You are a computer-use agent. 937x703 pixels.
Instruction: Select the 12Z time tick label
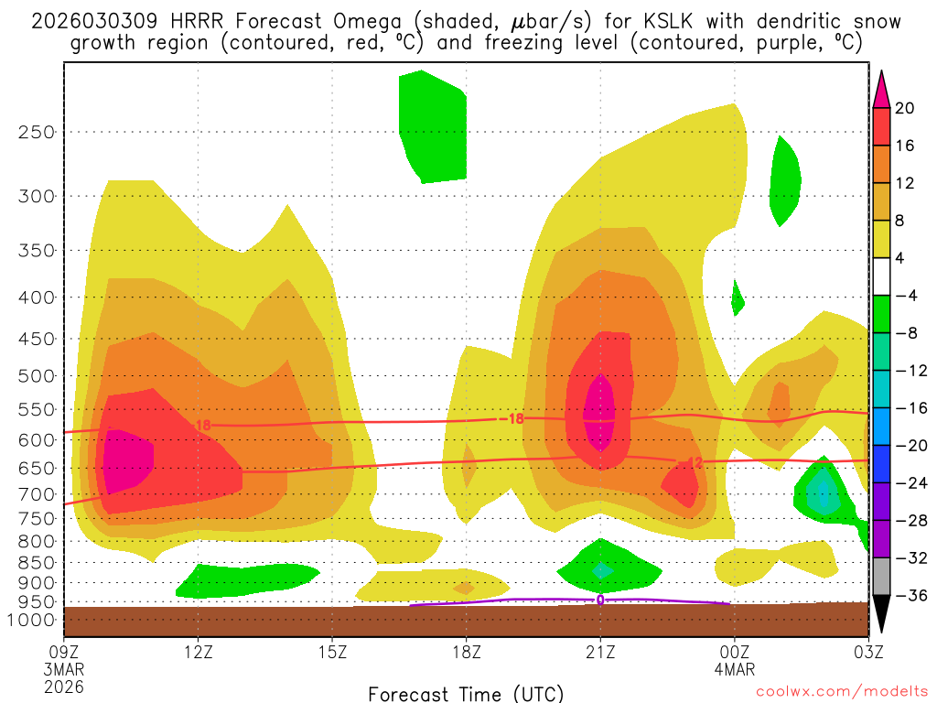[199, 652]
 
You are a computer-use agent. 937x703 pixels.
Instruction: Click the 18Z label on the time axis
[466, 652]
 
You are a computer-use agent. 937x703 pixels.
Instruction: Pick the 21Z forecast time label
[600, 652]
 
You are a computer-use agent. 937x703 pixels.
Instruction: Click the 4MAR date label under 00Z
[734, 669]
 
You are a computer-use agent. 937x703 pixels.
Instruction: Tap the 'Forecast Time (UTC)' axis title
[466, 693]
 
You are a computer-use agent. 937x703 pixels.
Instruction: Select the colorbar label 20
[905, 108]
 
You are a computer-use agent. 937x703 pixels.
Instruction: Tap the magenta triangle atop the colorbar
[881, 90]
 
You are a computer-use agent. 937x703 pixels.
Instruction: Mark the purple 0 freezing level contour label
[600, 600]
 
